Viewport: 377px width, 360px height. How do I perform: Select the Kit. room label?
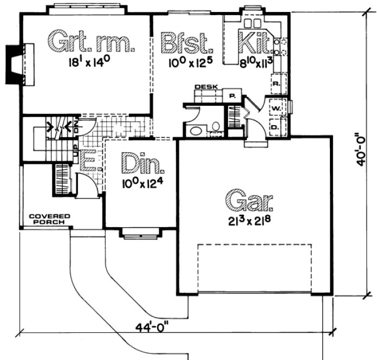click(253, 41)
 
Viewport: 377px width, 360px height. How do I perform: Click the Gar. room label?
click(250, 201)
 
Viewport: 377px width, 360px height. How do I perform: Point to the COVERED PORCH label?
click(47, 218)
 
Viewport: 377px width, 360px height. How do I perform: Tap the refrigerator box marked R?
click(276, 84)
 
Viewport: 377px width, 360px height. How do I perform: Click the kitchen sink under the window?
click(252, 23)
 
